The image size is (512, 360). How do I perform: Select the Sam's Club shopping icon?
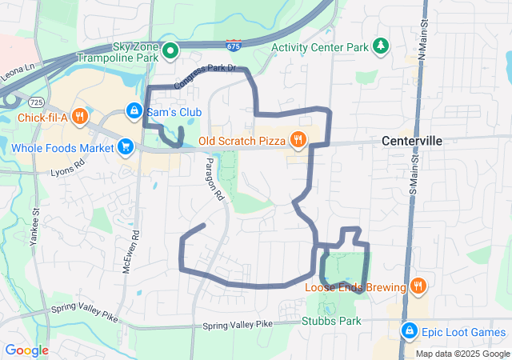pos(134,110)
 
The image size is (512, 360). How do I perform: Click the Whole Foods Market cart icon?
pos(125,147)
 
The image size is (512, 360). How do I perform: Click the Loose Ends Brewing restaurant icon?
pos(418,286)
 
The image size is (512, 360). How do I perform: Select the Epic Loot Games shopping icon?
pos(409,330)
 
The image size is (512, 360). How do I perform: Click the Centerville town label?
pos(412,141)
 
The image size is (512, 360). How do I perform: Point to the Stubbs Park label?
pos(331,322)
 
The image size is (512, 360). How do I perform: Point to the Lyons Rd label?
pos(67,170)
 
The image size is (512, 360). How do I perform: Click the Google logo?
pos(27,350)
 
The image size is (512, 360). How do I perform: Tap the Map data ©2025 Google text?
pos(462,354)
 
